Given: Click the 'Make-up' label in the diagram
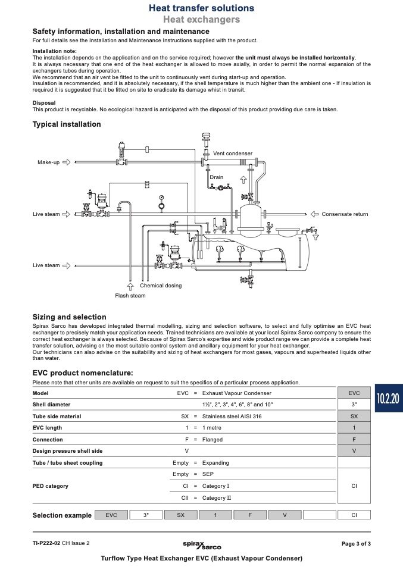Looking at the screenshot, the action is (x=48, y=162).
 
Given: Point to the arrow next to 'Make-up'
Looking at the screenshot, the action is (x=67, y=162).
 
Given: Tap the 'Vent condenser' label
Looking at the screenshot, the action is (x=232, y=154).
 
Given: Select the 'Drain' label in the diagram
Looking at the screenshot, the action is (x=217, y=177).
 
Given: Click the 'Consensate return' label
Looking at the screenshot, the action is (x=345, y=214).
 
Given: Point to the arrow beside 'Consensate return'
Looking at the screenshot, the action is (x=315, y=214).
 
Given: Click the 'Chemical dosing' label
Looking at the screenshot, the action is (x=161, y=286).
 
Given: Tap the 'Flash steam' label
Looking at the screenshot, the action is (x=130, y=296).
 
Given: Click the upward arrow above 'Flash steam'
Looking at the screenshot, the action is (x=130, y=287).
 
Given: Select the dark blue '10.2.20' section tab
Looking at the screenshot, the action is (x=389, y=398).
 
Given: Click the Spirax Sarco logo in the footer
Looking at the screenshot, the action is (x=202, y=544).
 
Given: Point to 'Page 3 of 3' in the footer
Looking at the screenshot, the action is (x=356, y=544).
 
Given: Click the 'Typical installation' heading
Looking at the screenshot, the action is (x=67, y=124).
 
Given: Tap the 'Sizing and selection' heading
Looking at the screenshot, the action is (x=70, y=317).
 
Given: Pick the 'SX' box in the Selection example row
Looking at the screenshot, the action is (x=181, y=515).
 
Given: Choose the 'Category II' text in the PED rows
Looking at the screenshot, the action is (x=217, y=497).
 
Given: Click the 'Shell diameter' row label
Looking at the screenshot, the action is (x=51, y=405).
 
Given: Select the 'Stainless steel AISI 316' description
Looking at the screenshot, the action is (x=232, y=416).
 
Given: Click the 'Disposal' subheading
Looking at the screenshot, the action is (x=44, y=103).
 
